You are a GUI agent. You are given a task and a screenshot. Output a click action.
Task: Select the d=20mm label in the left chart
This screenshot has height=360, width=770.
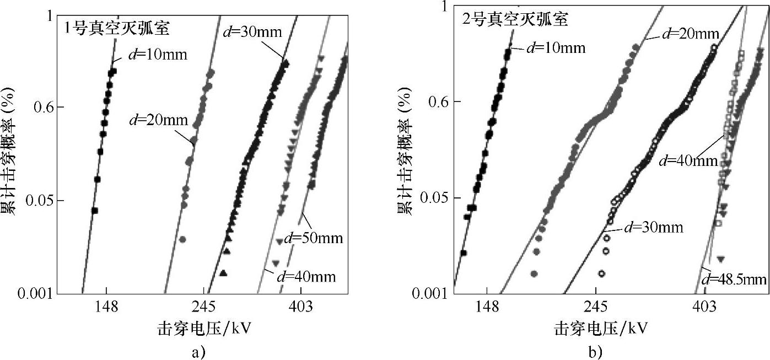[159, 119]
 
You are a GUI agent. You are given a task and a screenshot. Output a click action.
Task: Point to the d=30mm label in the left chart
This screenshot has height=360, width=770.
[252, 31]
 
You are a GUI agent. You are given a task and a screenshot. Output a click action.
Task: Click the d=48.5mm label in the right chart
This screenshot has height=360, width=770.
[734, 280]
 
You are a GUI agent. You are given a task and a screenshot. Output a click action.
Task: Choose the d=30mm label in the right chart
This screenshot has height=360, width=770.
[652, 227]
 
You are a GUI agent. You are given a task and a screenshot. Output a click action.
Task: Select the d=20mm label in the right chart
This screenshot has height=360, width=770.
[690, 34]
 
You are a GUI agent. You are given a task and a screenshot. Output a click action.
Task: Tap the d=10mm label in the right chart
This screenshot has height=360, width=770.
[556, 47]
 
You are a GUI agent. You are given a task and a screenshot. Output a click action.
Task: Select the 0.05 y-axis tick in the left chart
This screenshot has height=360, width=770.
[41, 200]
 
